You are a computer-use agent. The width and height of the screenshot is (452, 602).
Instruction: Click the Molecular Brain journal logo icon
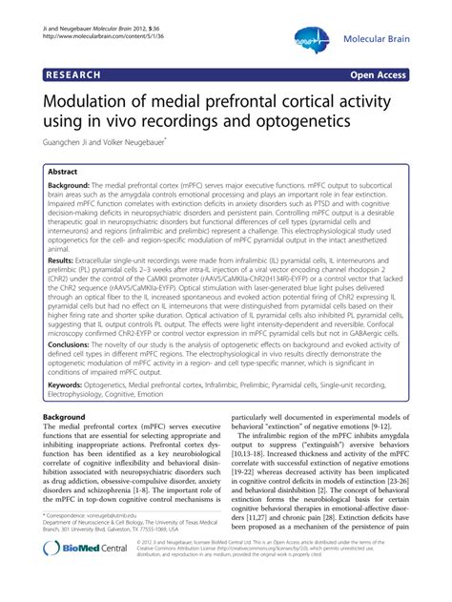point(312,37)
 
